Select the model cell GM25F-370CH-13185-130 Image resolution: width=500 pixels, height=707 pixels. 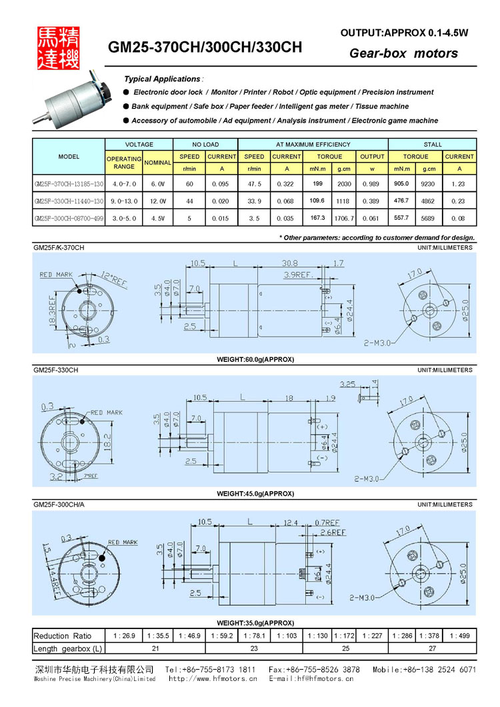click(69, 183)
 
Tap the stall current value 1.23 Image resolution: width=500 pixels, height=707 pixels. click(459, 183)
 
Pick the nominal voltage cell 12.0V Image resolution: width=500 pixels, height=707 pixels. click(158, 201)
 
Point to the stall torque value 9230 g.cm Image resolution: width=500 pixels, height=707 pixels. click(429, 183)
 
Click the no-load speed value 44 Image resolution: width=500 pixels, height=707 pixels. click(189, 201)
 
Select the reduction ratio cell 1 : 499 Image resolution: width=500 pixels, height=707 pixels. click(459, 636)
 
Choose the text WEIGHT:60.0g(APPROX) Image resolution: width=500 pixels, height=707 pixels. click(255, 359)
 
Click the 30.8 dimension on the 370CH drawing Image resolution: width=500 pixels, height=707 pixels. click(289, 263)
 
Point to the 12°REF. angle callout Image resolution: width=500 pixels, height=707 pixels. click(114, 280)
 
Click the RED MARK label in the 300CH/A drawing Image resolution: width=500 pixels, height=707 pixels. click(123, 542)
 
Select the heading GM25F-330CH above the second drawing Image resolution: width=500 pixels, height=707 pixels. click(56, 370)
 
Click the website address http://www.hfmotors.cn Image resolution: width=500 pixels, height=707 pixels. click(213, 679)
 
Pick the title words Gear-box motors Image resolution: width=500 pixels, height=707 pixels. click(403, 53)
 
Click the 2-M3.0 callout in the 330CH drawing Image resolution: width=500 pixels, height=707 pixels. click(366, 478)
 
